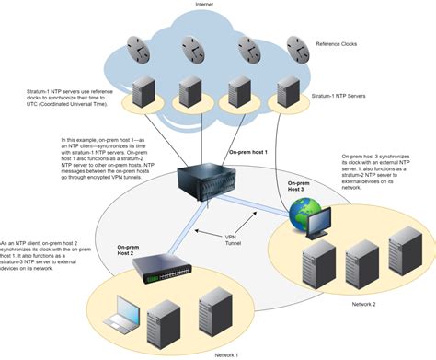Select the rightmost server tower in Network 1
(212, 310)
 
